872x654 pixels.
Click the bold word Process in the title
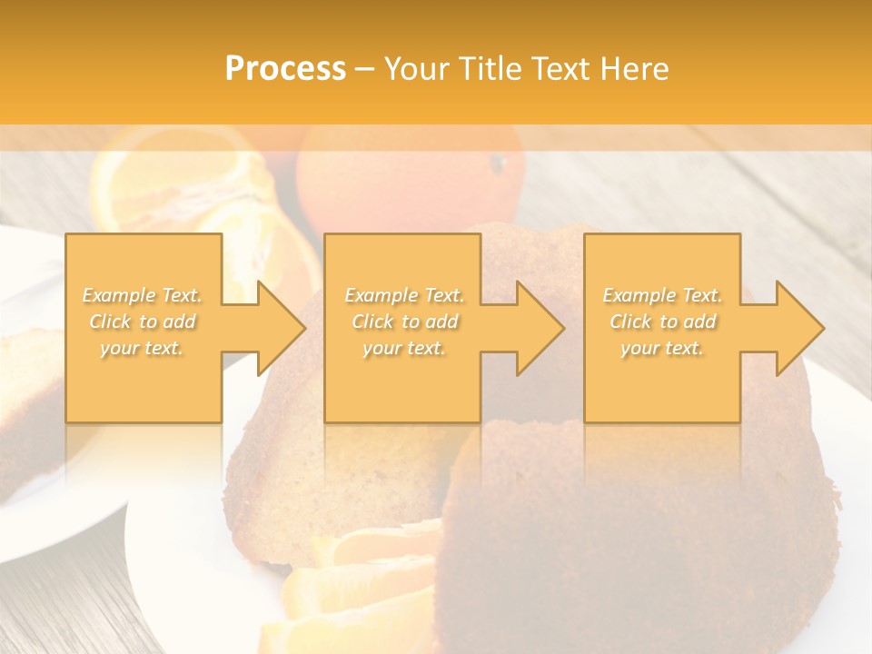285,69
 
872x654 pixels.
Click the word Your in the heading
419,69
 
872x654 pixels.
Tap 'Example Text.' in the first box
143,295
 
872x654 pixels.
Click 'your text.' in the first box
143,348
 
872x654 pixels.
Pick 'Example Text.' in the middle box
404,295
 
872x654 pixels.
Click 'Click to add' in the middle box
404,322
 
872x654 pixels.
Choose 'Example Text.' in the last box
662,295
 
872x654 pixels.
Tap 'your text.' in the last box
662,348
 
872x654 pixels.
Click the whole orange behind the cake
409,177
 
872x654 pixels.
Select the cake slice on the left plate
27,400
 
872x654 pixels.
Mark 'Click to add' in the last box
662,322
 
